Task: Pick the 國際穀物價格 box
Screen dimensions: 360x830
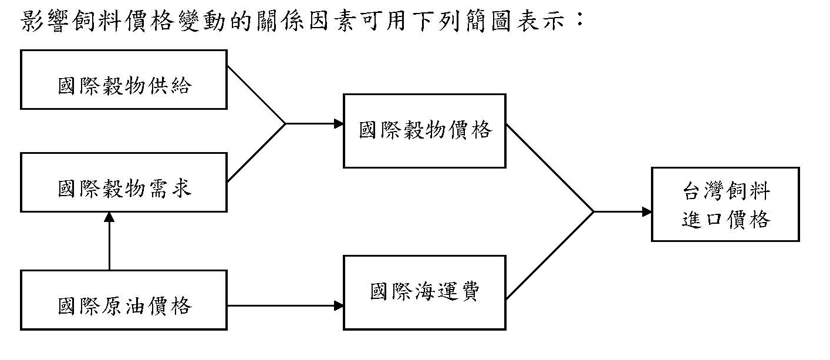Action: point(424,131)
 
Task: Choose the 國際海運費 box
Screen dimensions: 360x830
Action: point(424,292)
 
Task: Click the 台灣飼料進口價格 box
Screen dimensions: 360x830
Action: point(726,204)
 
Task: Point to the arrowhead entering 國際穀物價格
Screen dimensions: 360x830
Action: point(338,124)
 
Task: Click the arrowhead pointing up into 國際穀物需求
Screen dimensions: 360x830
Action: point(109,217)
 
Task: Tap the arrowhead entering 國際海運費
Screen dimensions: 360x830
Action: point(338,305)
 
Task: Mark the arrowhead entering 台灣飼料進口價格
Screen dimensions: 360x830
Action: point(646,211)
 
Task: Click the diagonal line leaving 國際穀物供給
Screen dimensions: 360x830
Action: point(256,94)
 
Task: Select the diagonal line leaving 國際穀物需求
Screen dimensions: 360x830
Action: point(256,153)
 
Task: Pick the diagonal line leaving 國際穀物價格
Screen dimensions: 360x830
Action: point(549,167)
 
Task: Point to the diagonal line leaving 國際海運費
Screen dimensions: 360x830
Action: point(549,255)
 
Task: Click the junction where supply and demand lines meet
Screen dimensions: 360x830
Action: point(285,124)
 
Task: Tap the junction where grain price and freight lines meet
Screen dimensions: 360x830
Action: point(593,211)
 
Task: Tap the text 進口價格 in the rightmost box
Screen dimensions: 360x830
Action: point(726,220)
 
